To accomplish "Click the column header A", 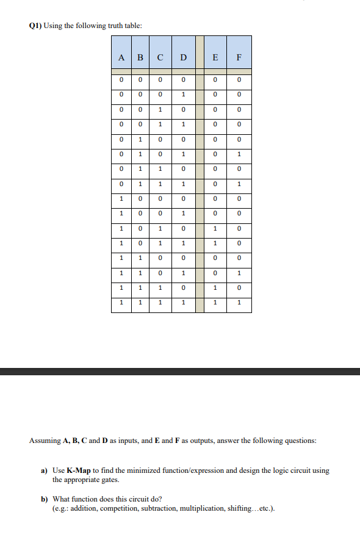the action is [122, 59].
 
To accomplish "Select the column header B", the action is [140, 59].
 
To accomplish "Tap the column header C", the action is [160, 59].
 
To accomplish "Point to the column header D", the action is [183, 59].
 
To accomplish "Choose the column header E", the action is [214, 59].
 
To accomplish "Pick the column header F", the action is [239, 59].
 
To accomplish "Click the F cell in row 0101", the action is [239, 154].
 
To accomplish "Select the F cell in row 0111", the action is [239, 184].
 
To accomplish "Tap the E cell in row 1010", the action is [214, 228].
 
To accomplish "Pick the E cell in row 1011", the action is [214, 243].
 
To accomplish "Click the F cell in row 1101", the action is [239, 273].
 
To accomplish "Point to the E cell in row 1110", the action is [214, 287].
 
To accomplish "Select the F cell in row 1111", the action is [239, 302].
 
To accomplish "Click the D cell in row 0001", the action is [183, 94].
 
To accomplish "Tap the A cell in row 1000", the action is [122, 198].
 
